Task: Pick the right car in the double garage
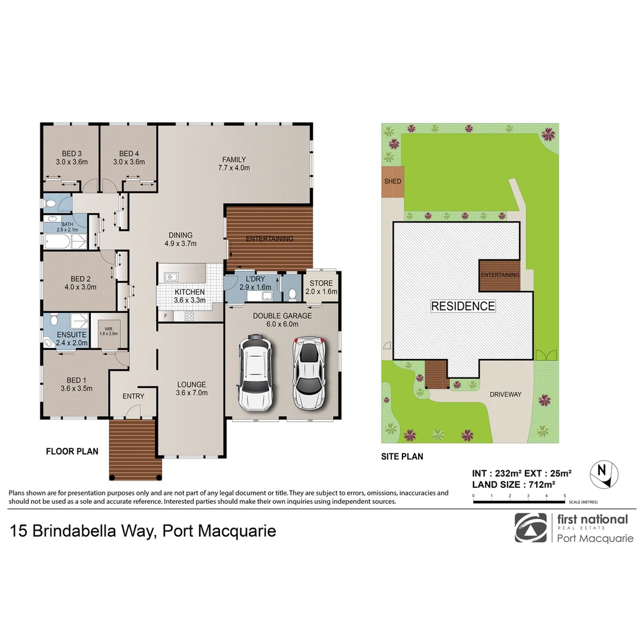[308, 373]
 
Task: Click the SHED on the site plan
[393, 181]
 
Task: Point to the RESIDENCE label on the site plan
[463, 306]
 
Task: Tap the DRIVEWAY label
[505, 395]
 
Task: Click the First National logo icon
[530, 528]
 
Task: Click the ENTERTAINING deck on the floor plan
[270, 239]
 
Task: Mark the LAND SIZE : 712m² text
[513, 485]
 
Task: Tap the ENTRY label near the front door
[133, 396]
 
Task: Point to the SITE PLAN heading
[402, 457]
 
